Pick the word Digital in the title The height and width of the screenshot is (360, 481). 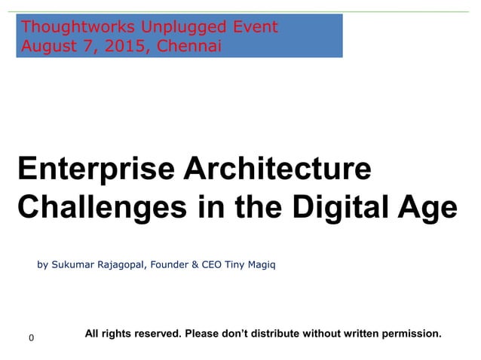(x=343, y=206)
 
